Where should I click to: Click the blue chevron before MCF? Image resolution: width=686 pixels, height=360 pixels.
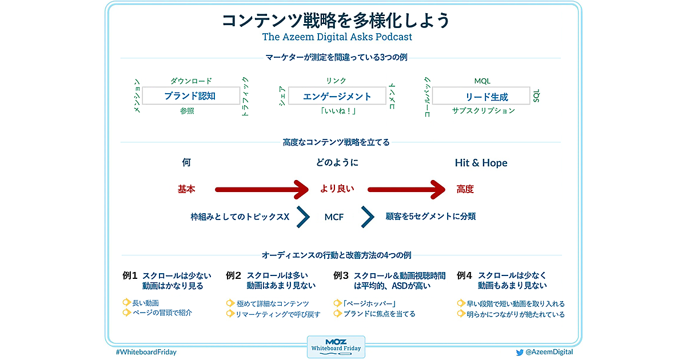tap(304, 217)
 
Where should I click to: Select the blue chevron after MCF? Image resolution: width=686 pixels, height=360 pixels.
tap(368, 217)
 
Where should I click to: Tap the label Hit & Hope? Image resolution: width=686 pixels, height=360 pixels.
tap(481, 163)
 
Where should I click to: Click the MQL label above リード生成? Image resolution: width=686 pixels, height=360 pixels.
tap(482, 81)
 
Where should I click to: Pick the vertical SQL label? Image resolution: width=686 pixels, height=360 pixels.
tap(536, 95)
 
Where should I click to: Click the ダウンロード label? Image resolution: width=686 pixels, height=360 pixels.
tap(191, 81)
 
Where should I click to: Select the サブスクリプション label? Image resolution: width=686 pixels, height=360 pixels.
tap(483, 111)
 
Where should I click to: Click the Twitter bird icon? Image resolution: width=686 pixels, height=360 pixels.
tap(520, 353)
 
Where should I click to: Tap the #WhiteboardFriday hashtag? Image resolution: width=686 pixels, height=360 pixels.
tap(146, 352)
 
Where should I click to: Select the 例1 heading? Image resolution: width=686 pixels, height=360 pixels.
tap(130, 275)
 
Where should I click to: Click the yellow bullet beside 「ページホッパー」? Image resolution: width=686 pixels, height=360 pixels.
tap(337, 303)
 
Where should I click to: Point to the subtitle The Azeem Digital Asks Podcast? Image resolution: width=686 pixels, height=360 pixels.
tap(337, 37)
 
